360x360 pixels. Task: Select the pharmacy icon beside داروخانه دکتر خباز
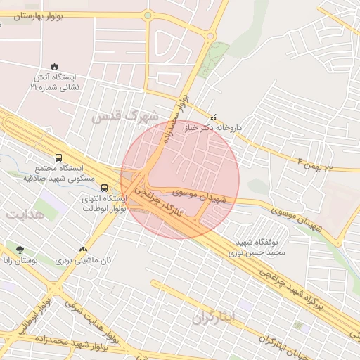pos(214,117)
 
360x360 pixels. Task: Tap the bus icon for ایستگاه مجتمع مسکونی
pos(58,158)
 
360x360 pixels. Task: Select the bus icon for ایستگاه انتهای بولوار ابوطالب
pos(104,188)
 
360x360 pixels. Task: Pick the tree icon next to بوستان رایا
pos(19,249)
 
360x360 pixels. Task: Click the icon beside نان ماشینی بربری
pos(84,248)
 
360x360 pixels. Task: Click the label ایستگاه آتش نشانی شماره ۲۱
pos(54,83)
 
